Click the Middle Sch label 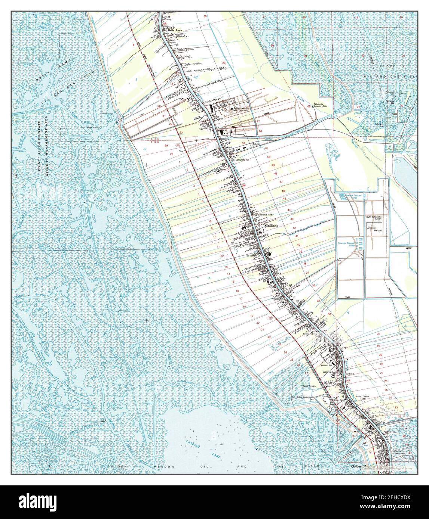(327, 366)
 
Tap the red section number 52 (243, 143)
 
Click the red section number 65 (309, 106)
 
